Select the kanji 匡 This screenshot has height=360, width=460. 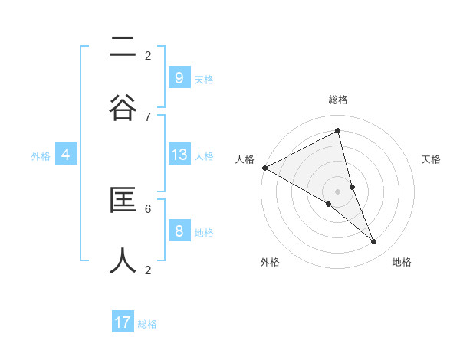tap(123, 201)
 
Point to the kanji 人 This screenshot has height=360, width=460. tap(123, 260)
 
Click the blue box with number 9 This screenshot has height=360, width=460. tap(179, 77)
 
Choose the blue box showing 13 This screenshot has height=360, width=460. tap(179, 155)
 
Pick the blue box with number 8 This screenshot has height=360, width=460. tap(179, 231)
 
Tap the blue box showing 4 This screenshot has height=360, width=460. tap(66, 155)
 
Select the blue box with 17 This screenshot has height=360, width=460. tap(123, 322)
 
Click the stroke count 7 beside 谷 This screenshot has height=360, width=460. tap(148, 116)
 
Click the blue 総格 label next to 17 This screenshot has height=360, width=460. tap(147, 324)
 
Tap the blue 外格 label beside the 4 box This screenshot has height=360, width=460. tap(41, 155)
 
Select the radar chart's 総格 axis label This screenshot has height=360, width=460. tap(338, 100)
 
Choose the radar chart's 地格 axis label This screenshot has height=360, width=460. tap(402, 262)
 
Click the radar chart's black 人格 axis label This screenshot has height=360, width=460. tap(245, 159)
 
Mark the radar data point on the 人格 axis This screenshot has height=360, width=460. tap(264, 168)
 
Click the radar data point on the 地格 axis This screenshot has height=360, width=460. tap(374, 241)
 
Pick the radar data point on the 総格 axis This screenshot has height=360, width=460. tap(338, 130)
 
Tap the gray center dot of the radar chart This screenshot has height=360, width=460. tap(338, 191)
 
